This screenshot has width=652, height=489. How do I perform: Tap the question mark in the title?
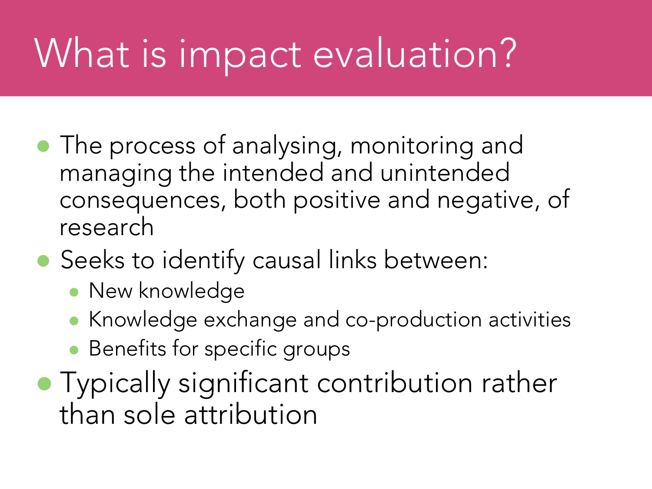tap(508, 53)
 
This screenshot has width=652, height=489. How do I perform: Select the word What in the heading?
tap(82, 53)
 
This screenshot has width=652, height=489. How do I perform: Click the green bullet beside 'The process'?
tap(43, 146)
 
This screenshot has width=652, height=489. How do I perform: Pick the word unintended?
tap(445, 173)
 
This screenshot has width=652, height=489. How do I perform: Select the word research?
tap(106, 227)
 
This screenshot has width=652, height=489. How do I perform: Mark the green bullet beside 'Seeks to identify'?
tap(43, 261)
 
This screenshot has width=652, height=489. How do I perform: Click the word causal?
tap(287, 260)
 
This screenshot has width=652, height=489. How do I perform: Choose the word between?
tap(436, 260)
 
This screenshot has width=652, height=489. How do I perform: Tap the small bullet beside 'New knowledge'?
tap(73, 293)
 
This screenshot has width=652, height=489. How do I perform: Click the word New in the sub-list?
tap(110, 291)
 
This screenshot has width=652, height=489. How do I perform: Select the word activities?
tap(529, 319)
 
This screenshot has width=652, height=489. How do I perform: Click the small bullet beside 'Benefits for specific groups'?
tap(73, 350)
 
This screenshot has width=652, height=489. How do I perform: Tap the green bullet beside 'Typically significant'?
tap(44, 383)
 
